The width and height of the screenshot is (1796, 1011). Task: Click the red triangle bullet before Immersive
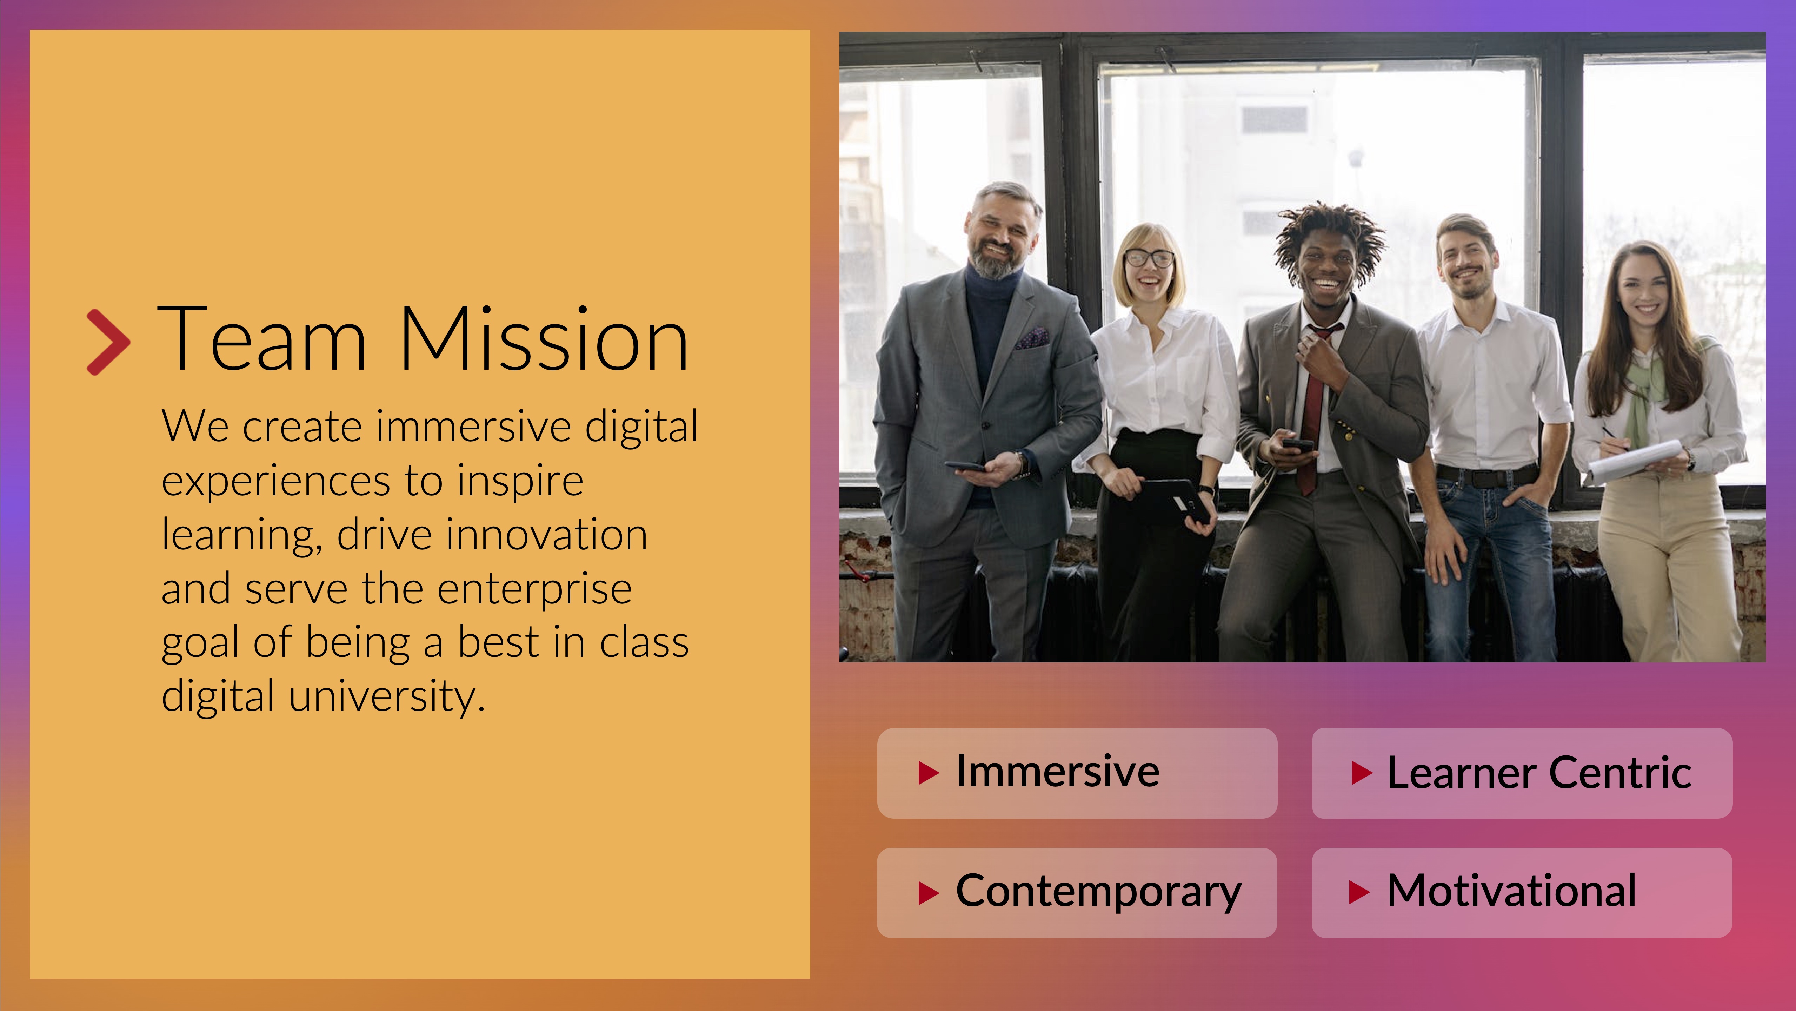pyautogui.click(x=929, y=773)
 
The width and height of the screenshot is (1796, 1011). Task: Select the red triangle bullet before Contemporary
pyautogui.click(x=929, y=892)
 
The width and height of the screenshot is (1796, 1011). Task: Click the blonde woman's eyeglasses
pyautogui.click(x=1149, y=258)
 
